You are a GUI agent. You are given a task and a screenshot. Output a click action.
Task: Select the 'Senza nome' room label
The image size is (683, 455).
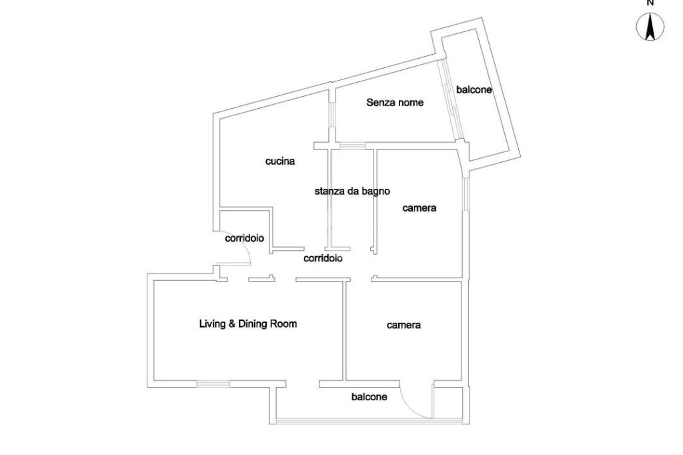point(395,103)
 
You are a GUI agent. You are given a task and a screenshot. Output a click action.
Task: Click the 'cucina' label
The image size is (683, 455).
point(280,161)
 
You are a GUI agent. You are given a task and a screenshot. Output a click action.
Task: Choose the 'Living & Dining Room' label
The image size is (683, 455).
point(248,324)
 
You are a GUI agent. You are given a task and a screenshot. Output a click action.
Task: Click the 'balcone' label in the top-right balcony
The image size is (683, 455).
point(474,89)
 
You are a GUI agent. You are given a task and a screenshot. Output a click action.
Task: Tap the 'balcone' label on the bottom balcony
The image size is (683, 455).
point(369,397)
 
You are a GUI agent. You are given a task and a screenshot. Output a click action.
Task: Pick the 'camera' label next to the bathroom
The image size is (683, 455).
point(420,208)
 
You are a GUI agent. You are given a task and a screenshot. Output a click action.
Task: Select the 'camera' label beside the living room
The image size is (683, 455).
point(404,326)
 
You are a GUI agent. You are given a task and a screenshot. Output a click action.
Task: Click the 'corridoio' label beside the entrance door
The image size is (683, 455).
point(245,238)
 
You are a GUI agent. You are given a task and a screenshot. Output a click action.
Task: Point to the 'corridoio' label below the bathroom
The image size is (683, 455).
point(323,258)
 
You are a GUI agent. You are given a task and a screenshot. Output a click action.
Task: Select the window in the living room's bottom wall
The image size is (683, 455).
point(213,384)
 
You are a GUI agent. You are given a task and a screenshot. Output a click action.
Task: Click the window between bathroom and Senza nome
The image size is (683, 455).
point(353,145)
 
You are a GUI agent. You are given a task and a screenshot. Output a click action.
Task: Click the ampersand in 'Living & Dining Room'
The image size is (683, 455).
point(233,324)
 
